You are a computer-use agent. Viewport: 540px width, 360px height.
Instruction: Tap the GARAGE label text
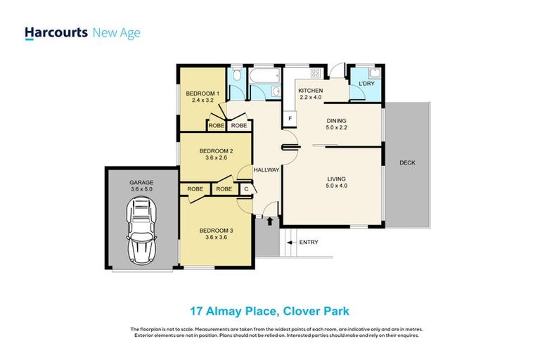coord(141,181)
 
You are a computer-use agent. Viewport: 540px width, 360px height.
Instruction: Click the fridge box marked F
coord(289,119)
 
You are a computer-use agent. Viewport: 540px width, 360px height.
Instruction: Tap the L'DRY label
coord(366,84)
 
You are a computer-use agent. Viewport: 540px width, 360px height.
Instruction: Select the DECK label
coord(407,162)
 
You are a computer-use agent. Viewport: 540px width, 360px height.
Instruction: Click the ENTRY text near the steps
coord(309,243)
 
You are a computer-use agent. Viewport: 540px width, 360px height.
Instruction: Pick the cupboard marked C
coord(246,189)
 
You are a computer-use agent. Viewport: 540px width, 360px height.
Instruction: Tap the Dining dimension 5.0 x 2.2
coord(335,129)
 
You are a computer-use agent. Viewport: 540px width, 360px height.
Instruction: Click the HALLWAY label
coord(266,170)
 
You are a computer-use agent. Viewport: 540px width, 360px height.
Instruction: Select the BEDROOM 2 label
coord(216,150)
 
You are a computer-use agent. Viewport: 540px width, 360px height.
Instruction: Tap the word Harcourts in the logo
coord(56,32)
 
